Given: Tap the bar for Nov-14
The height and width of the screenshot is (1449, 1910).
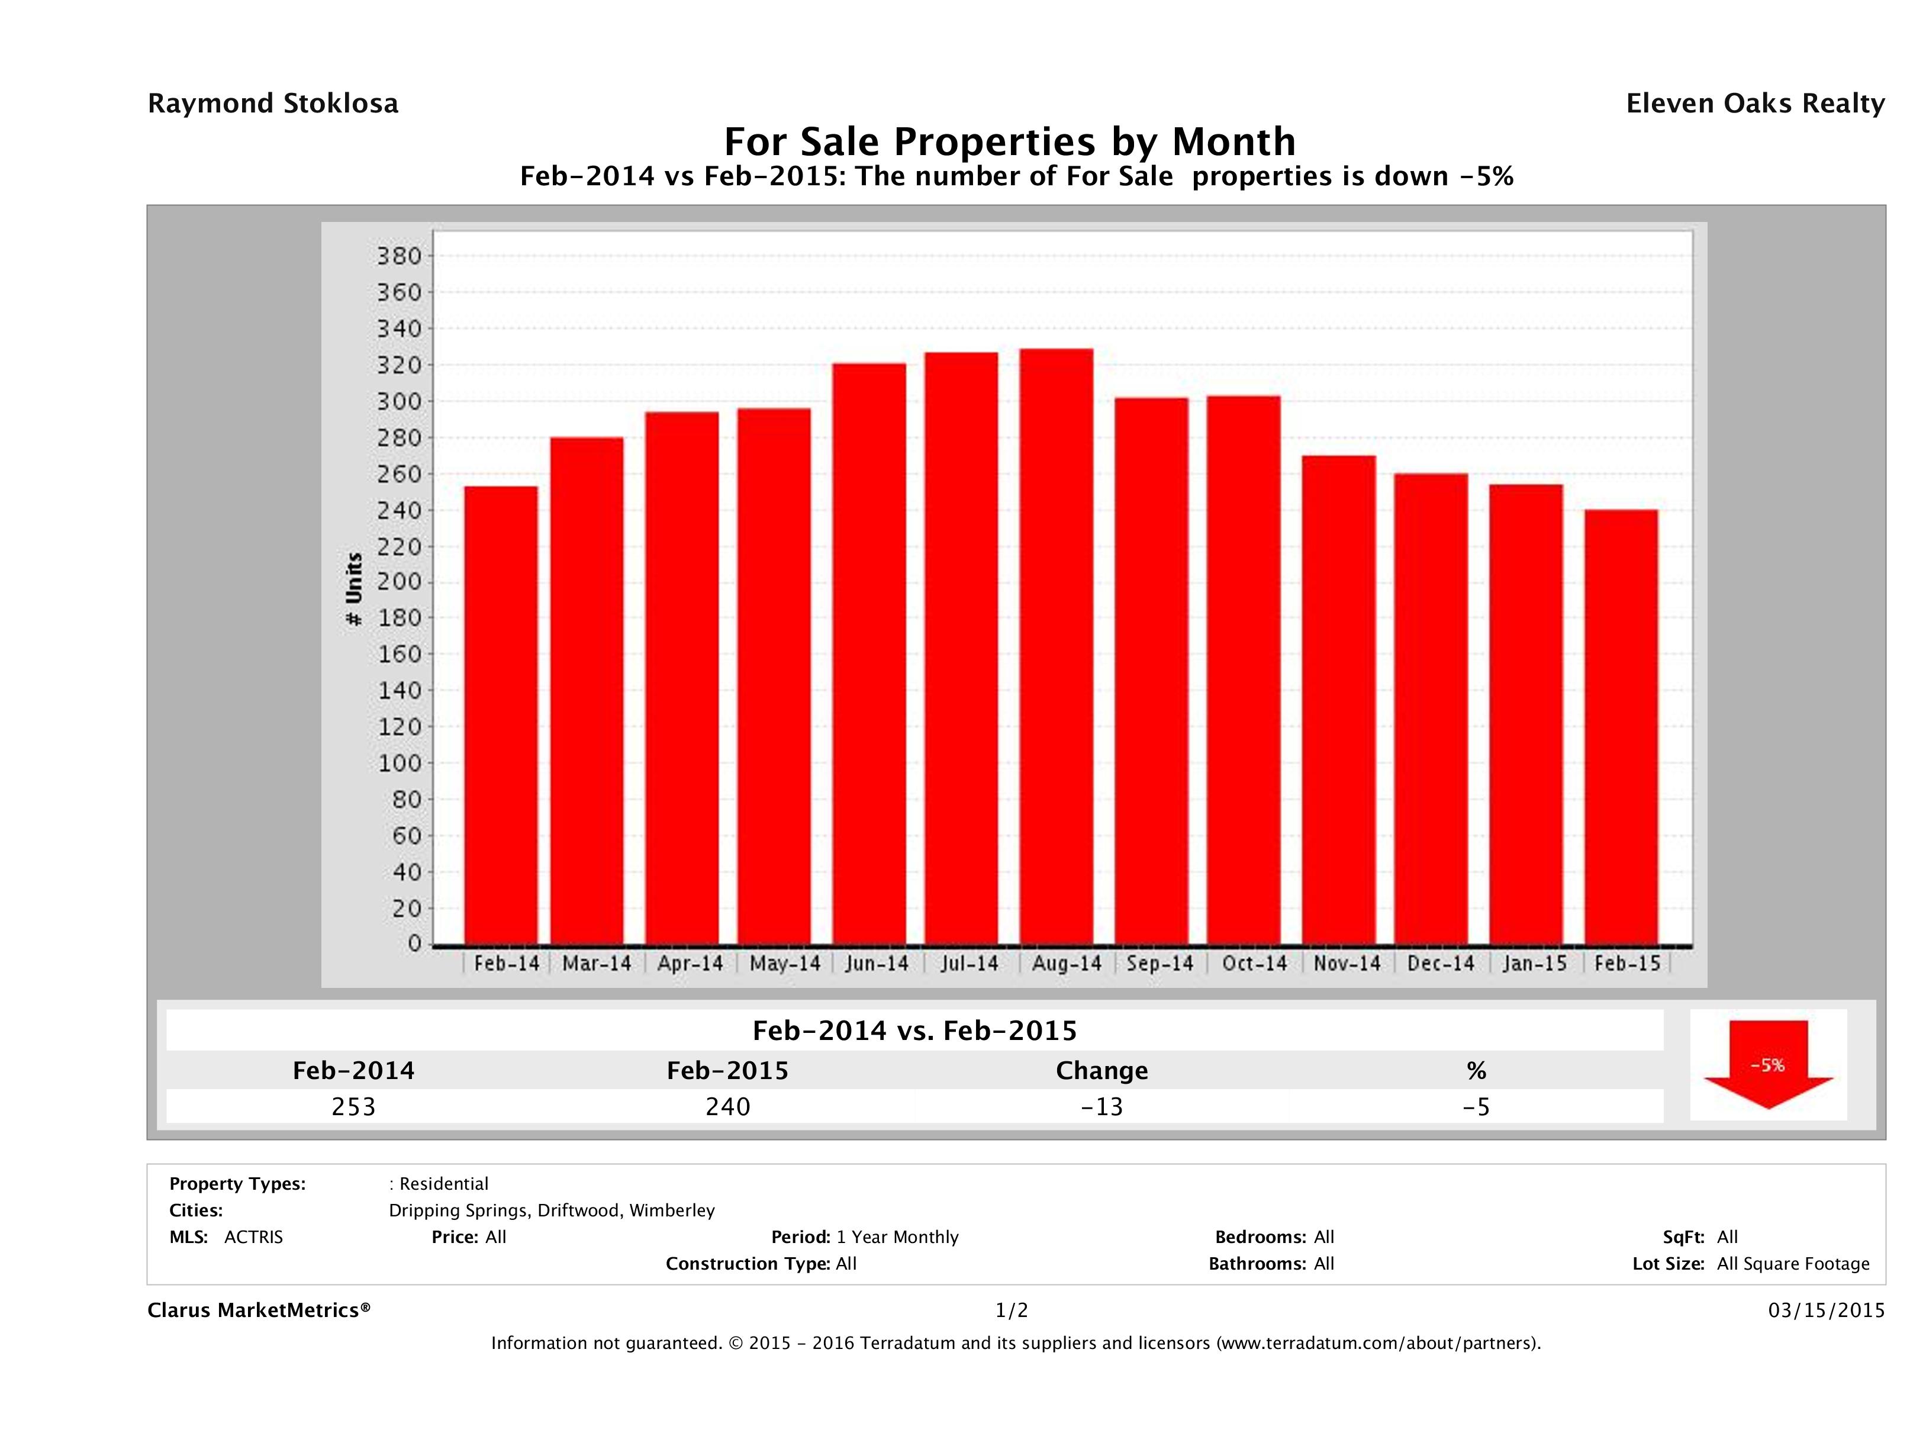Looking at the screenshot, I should pyautogui.click(x=1338, y=700).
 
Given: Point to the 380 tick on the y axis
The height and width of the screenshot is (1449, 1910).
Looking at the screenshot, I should pyautogui.click(x=398, y=256).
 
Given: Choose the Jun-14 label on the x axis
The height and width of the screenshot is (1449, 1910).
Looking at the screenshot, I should pyautogui.click(x=877, y=964).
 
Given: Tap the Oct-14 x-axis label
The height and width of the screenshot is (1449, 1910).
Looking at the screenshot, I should pyautogui.click(x=1254, y=964).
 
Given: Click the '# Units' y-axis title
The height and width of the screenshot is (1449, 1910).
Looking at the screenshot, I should pyautogui.click(x=354, y=589).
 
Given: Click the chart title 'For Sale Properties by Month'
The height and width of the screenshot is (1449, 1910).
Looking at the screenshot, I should pyautogui.click(x=1009, y=141).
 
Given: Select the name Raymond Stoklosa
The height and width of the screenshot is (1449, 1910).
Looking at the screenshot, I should pyautogui.click(x=273, y=104).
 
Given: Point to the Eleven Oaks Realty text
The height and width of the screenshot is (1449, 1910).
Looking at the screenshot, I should pyautogui.click(x=1754, y=104).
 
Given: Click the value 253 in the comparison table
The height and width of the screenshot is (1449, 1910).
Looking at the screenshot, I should pyautogui.click(x=353, y=1107).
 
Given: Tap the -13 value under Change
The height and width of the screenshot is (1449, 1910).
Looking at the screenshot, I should pyautogui.click(x=1102, y=1107).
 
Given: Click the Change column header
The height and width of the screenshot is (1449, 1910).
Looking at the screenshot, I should pyautogui.click(x=1102, y=1071).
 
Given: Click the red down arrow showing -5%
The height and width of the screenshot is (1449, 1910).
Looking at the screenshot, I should pyautogui.click(x=1767, y=1065).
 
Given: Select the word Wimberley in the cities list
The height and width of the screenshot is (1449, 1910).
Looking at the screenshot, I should pyautogui.click(x=672, y=1210).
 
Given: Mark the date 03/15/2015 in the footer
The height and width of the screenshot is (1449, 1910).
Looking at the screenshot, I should pyautogui.click(x=1826, y=1311).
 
